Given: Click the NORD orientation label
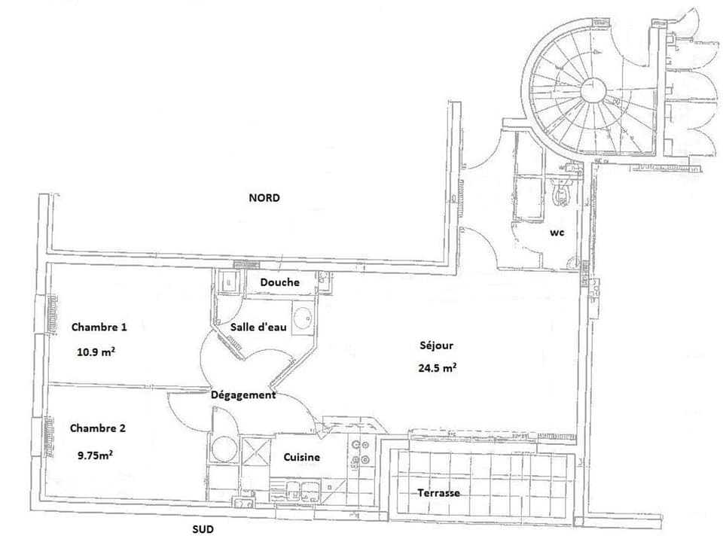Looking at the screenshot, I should pyautogui.click(x=264, y=198).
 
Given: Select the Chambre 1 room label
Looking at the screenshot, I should pyautogui.click(x=99, y=327).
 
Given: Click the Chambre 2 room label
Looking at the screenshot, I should pyautogui.click(x=98, y=428).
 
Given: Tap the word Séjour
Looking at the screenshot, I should pyautogui.click(x=437, y=346).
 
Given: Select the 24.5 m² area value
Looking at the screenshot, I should pyautogui.click(x=438, y=368).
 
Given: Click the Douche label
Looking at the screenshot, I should pyautogui.click(x=279, y=282).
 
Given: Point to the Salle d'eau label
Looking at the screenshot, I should pyautogui.click(x=258, y=327).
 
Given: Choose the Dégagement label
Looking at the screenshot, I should pyautogui.click(x=243, y=394).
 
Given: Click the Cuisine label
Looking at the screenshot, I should pyautogui.click(x=302, y=457).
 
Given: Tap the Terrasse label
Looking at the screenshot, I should pyautogui.click(x=439, y=493).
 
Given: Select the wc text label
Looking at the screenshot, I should pyautogui.click(x=557, y=233).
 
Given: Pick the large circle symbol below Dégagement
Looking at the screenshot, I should pyautogui.click(x=224, y=449).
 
